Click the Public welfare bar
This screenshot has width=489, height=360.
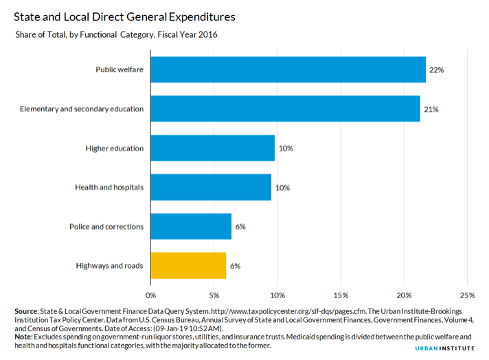[288, 69]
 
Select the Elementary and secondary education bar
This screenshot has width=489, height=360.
[285, 109]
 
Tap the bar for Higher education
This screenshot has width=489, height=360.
[212, 148]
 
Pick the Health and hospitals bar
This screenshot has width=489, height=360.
[211, 187]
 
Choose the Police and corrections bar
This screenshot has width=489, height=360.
[191, 226]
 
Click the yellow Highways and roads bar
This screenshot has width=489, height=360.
[188, 265]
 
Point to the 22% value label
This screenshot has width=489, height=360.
[437, 70]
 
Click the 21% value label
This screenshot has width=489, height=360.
[431, 109]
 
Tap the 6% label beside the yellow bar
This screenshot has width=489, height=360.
[235, 265]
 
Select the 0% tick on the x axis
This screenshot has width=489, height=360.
[150, 295]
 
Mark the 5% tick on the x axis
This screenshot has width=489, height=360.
[214, 295]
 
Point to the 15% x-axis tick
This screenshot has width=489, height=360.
[341, 295]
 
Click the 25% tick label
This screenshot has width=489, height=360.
[467, 295]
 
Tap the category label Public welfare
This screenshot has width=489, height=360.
[120, 70]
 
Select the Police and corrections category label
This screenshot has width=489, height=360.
[106, 226]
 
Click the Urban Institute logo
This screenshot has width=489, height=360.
[445, 349]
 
